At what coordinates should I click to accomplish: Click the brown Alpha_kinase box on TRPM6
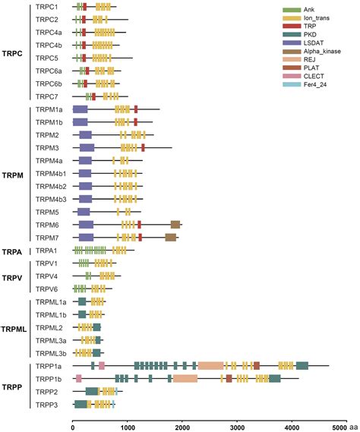click(x=175, y=225)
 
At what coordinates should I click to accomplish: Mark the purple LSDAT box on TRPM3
click(x=87, y=147)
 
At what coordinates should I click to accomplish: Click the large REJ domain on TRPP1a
click(x=211, y=366)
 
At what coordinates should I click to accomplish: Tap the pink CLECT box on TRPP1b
click(x=78, y=378)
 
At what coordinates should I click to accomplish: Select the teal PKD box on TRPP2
click(x=92, y=391)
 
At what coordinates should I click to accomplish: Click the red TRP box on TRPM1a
click(x=136, y=109)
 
